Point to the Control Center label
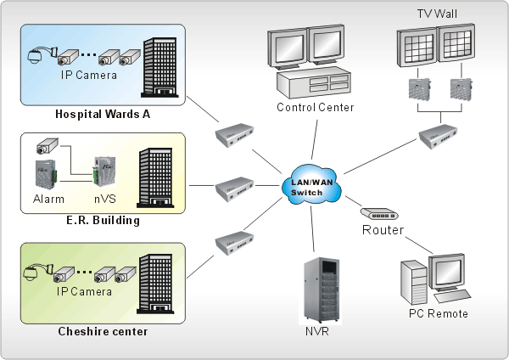pos(316,108)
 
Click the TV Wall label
pos(437,14)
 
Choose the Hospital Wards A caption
pos(103,114)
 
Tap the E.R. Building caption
pos(103,221)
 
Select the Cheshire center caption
pos(102,330)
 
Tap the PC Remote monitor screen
pos(449,276)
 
